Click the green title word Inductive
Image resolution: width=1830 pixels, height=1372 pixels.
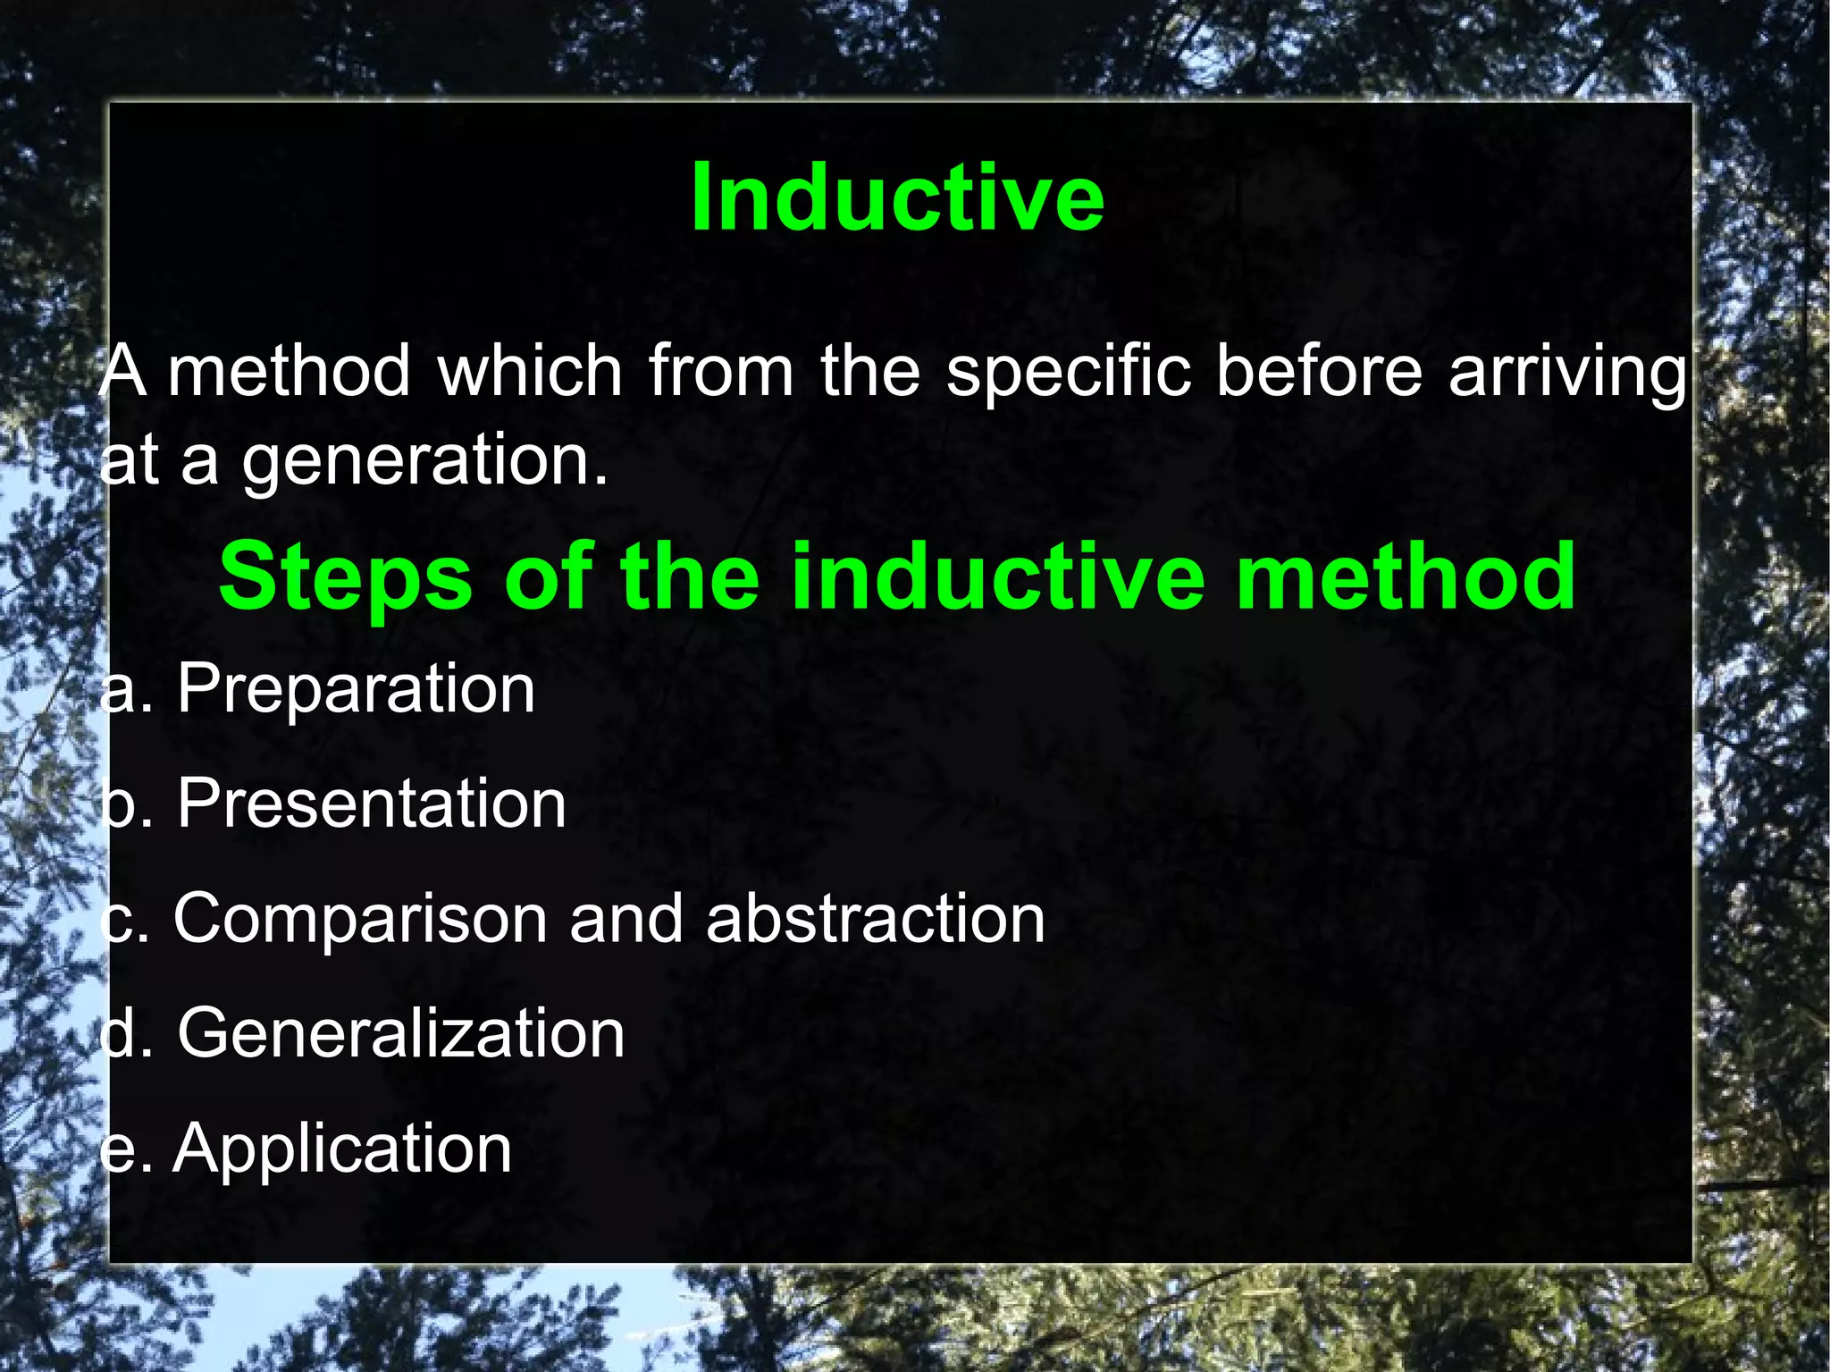coord(897,198)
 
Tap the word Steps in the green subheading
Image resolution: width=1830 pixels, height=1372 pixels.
coord(345,578)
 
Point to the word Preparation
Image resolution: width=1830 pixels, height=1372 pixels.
coord(356,689)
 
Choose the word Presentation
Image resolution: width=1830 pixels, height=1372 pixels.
coord(371,804)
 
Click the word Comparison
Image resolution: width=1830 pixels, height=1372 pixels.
coord(360,919)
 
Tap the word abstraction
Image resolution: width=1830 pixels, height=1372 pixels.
coord(875,919)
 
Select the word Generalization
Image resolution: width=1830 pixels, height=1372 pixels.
coord(400,1034)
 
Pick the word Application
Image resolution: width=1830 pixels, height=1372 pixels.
coord(342,1149)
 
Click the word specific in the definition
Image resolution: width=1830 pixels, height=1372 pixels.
coord(1068,372)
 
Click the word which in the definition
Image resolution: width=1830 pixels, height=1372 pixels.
coord(530,370)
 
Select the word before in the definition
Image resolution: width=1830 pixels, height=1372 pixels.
coord(1319,370)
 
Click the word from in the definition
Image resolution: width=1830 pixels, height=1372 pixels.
coord(720,370)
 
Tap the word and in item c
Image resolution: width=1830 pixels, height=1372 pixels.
coord(626,919)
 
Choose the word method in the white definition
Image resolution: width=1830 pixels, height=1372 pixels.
coord(289,370)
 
